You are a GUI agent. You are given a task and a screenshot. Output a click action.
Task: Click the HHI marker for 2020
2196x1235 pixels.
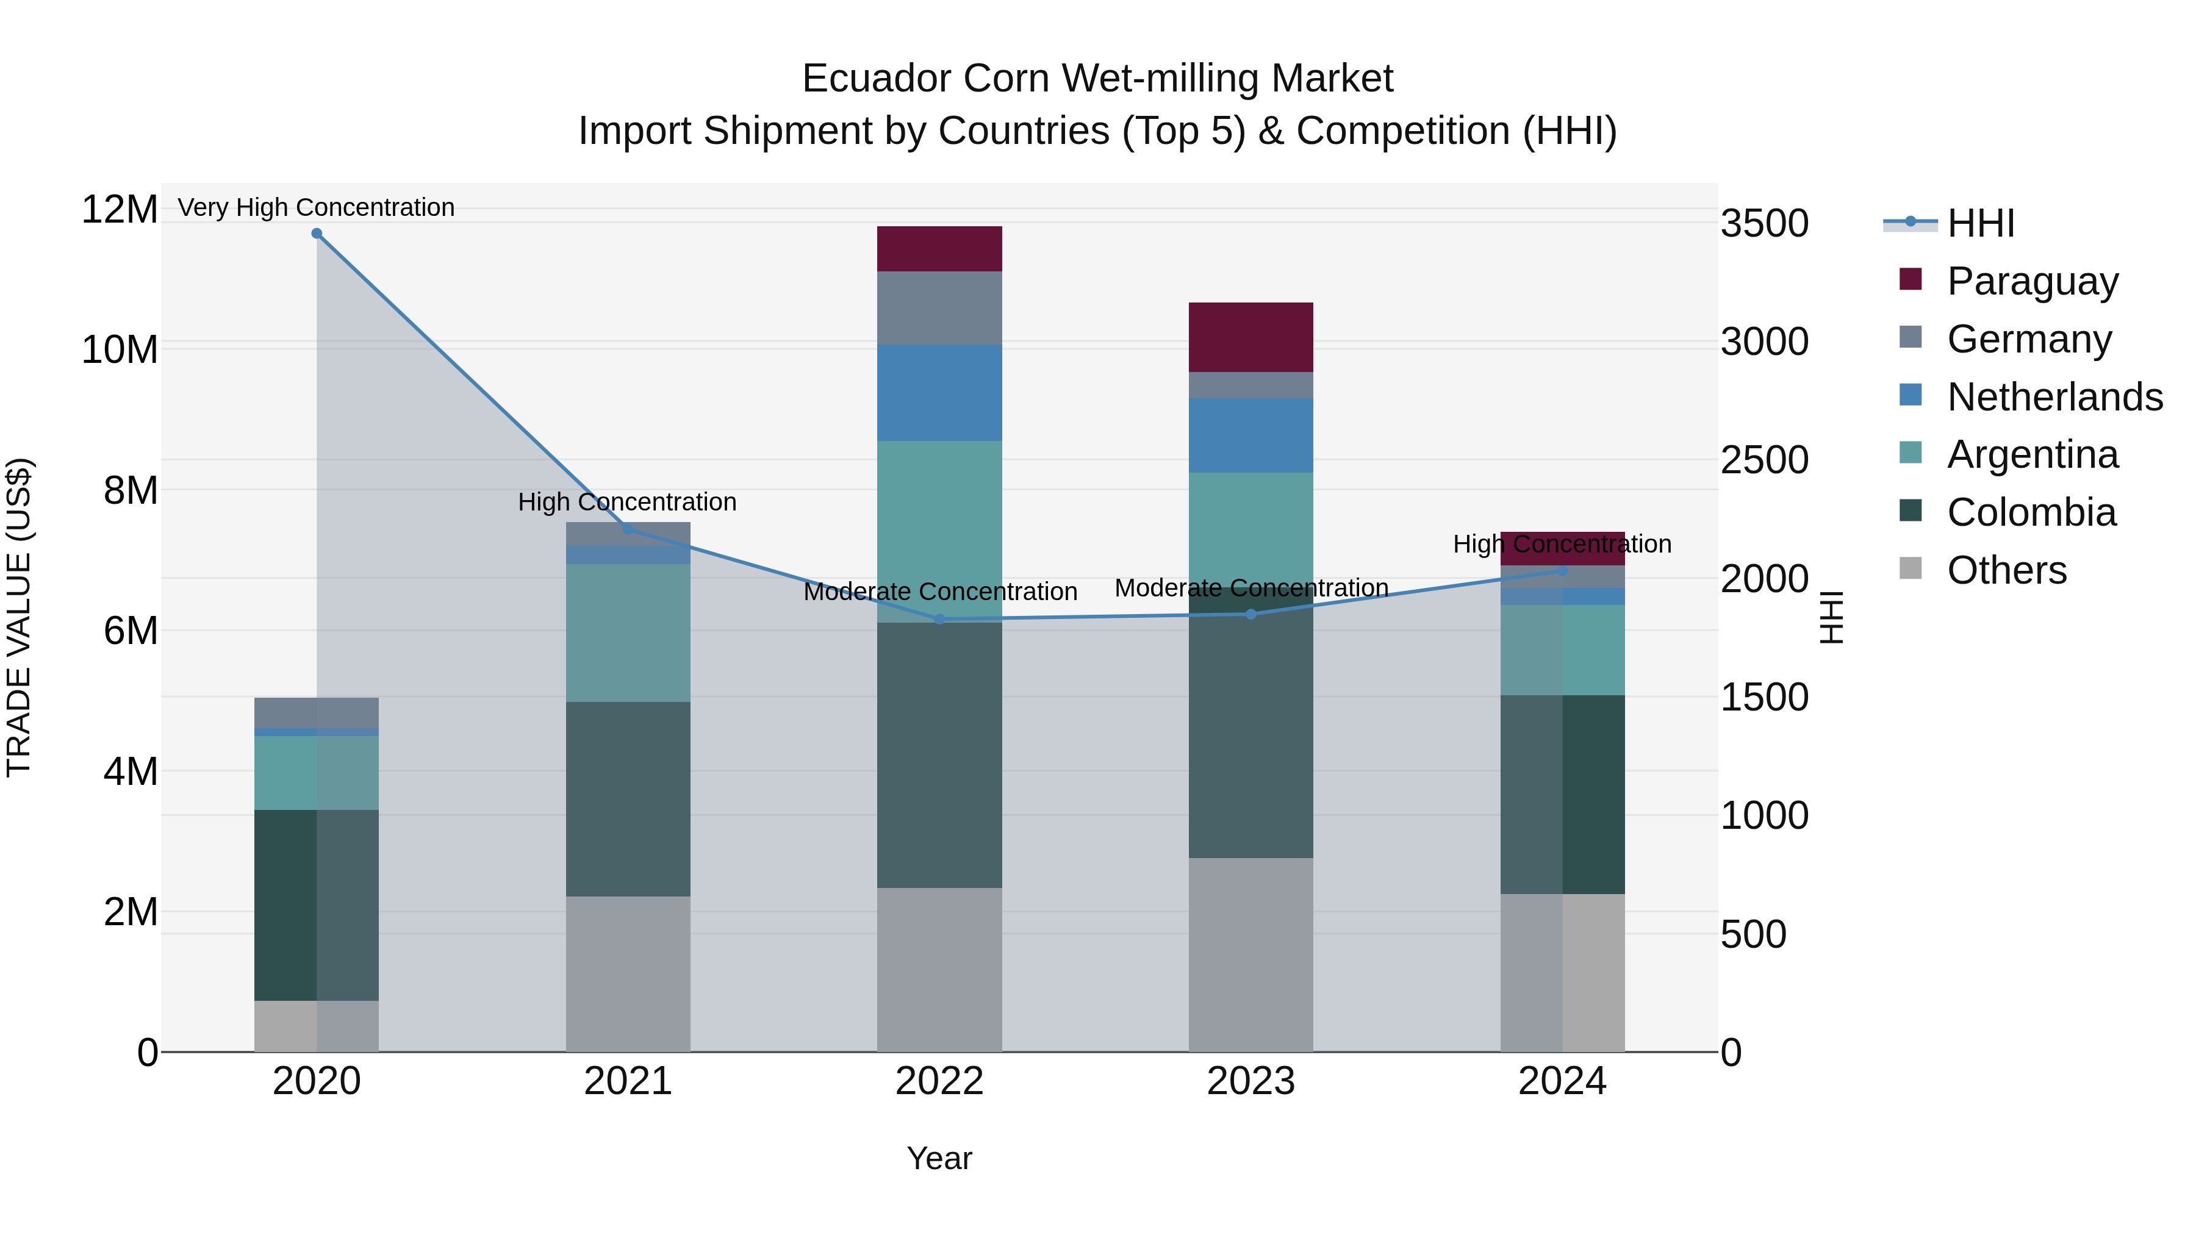pos(316,234)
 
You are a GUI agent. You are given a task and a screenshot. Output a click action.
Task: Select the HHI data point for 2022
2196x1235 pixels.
pos(939,620)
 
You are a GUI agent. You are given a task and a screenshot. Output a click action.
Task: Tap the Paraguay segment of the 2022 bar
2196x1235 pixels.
pos(939,249)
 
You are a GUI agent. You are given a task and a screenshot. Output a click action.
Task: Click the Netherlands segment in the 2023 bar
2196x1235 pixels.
pos(1250,435)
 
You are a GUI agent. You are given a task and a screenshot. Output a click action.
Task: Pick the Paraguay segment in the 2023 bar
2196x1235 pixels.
pos(1250,337)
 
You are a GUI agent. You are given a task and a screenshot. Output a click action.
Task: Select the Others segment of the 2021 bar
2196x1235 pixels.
pos(628,973)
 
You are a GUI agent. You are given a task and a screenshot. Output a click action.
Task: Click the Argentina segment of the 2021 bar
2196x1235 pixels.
pos(628,632)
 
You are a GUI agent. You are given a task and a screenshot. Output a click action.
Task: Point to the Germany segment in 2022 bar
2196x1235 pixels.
pos(939,308)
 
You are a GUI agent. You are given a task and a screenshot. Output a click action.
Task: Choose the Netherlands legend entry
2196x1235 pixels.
pos(2054,397)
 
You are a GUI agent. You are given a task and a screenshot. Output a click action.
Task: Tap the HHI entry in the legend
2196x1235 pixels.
pos(1980,223)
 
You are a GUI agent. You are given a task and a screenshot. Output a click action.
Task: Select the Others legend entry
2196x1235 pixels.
pos(2006,570)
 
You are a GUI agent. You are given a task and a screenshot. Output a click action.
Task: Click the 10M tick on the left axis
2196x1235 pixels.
pos(120,349)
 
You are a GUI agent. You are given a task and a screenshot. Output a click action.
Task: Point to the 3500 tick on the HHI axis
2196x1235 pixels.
pos(1764,223)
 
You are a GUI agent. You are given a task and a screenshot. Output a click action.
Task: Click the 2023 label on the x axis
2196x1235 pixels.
pos(1250,1081)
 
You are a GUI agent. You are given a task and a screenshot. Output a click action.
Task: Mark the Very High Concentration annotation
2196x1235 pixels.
pos(316,207)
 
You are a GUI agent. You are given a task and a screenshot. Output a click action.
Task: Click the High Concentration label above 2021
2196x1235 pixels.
pos(628,502)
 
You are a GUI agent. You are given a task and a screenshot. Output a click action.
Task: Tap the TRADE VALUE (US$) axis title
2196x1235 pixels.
pos(19,617)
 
